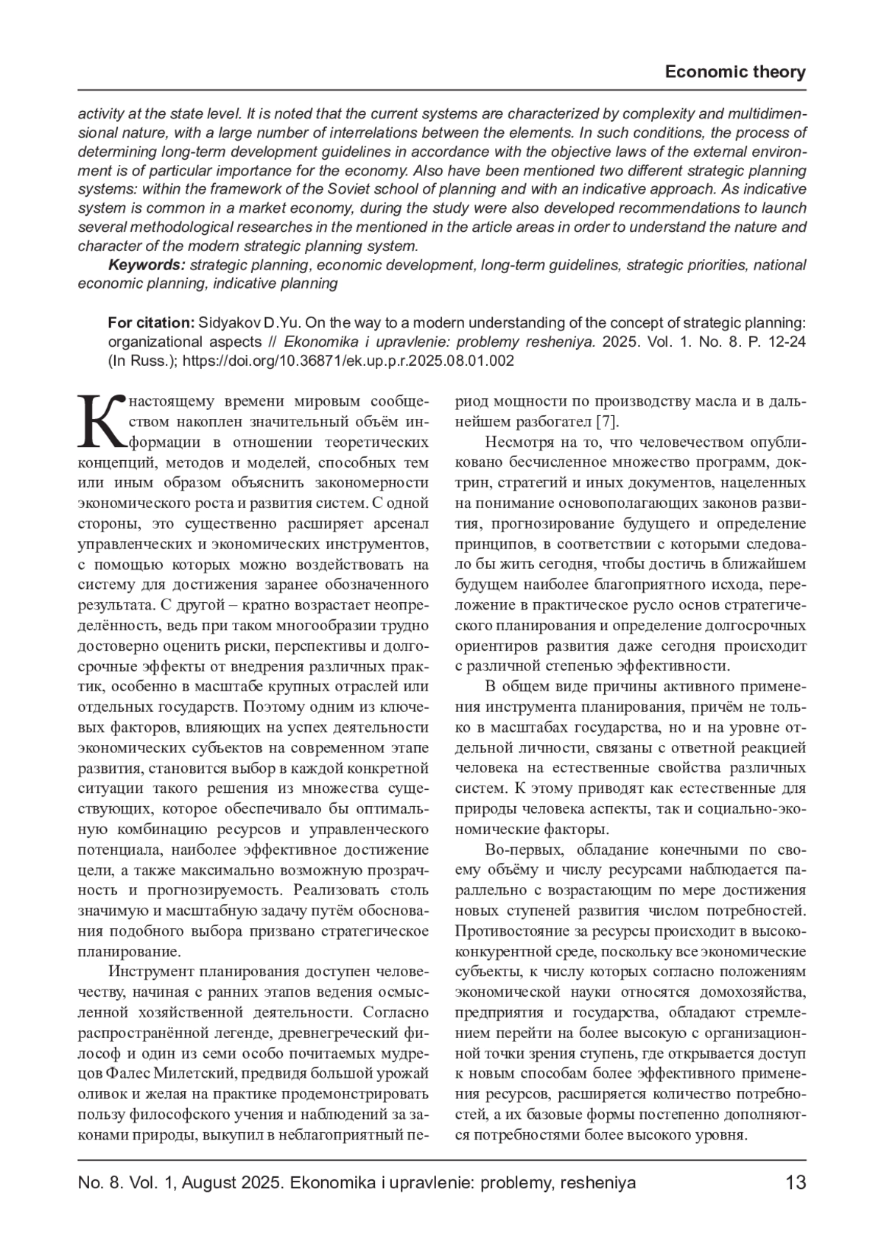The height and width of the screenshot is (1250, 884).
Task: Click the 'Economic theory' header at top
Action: [x=734, y=72]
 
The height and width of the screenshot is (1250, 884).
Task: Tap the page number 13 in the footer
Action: [x=796, y=1183]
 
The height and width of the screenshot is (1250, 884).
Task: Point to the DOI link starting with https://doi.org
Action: [x=348, y=361]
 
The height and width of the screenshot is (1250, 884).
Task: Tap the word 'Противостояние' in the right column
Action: [x=506, y=931]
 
